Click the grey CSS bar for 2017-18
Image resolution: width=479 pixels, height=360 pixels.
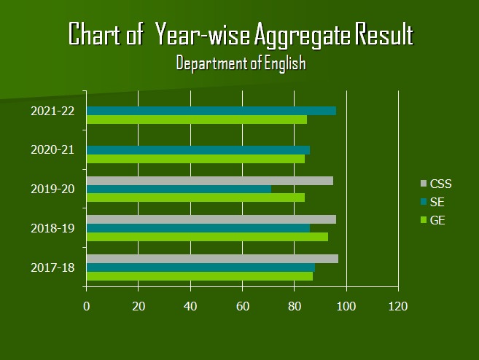click(x=212, y=259)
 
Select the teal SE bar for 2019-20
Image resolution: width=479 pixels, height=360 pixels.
click(x=179, y=189)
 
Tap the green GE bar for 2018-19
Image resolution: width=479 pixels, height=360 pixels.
click(x=207, y=236)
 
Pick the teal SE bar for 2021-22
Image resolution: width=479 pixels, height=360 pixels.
click(x=211, y=111)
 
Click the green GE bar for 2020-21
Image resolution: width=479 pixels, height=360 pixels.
click(x=195, y=158)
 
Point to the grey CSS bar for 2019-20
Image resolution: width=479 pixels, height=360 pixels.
click(x=210, y=181)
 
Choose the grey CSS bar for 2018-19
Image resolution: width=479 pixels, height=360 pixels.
click(x=211, y=219)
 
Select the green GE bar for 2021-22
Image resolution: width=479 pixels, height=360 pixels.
click(x=197, y=119)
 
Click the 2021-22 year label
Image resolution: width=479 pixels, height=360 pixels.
click(x=52, y=111)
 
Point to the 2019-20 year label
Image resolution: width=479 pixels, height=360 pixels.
click(x=52, y=189)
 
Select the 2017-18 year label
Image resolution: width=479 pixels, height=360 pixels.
click(x=52, y=267)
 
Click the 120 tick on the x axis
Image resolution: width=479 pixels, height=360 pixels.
click(x=398, y=306)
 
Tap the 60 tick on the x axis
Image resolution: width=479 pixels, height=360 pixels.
click(x=243, y=306)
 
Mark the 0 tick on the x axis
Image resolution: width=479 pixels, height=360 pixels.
click(x=87, y=306)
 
